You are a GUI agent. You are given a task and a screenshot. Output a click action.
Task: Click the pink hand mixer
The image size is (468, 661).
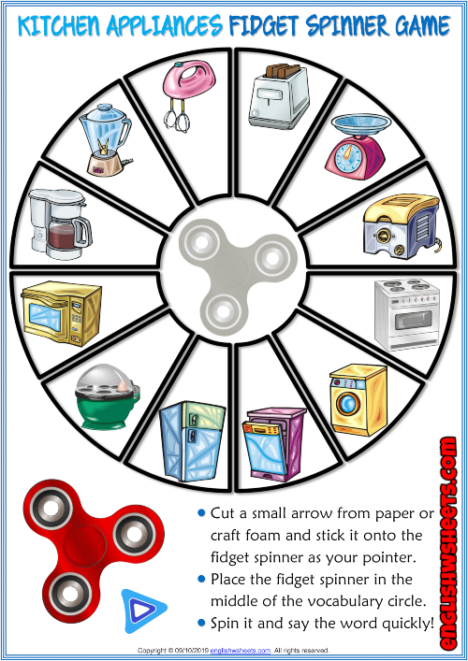[x=177, y=93]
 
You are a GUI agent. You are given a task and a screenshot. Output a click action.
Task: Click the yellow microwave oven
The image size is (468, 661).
[x=58, y=308]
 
